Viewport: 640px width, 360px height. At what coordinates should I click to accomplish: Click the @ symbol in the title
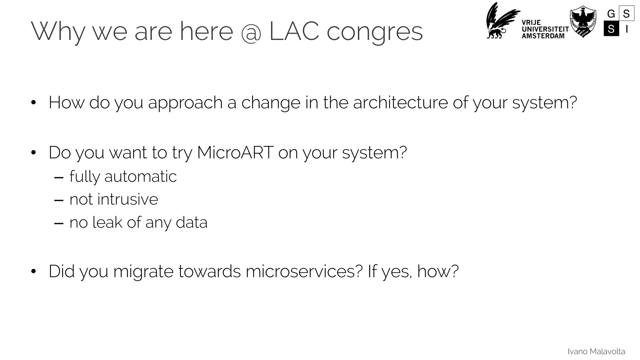(x=251, y=32)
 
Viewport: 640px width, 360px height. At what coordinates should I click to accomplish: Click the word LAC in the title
(x=294, y=31)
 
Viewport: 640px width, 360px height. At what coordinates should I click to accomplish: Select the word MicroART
(x=235, y=152)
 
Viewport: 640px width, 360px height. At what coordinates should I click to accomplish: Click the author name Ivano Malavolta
(x=596, y=352)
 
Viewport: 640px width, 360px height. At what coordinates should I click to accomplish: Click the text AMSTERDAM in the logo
(x=543, y=36)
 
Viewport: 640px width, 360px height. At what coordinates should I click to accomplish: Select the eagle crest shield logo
(x=583, y=21)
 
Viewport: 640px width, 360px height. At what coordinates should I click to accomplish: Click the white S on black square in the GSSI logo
(x=611, y=29)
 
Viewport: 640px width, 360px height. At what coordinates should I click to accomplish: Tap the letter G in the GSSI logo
(x=611, y=14)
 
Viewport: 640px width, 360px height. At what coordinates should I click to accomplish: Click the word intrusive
(x=127, y=199)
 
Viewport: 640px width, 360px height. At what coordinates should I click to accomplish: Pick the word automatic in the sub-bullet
(x=140, y=177)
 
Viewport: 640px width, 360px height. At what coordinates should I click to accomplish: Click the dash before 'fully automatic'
(x=59, y=177)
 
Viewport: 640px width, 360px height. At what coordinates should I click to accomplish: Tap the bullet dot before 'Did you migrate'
(x=33, y=271)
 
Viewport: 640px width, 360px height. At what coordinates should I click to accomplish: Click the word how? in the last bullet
(x=437, y=271)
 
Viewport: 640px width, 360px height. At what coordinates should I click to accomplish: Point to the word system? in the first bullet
(x=544, y=103)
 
